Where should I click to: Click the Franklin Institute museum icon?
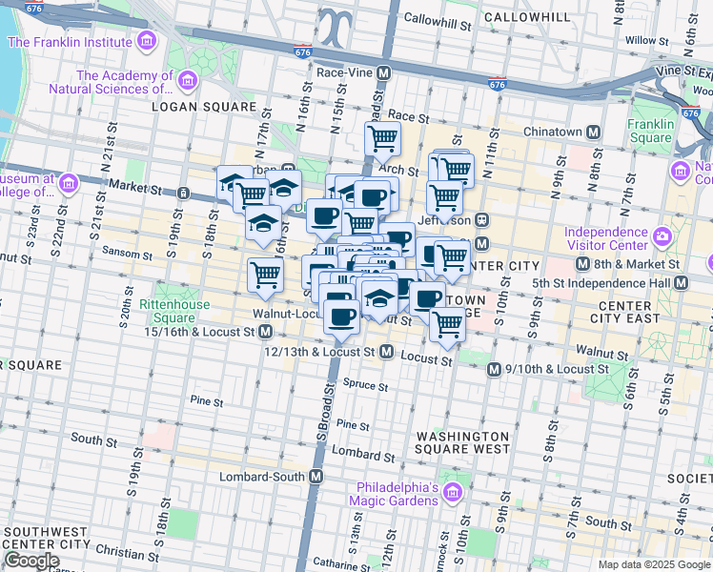click(x=146, y=43)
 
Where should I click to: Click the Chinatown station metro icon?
click(x=593, y=132)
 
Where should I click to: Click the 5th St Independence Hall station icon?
click(x=681, y=283)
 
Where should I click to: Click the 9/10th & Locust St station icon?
click(x=494, y=369)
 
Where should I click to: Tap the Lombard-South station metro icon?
click(x=316, y=476)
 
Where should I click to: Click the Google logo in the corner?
click(x=32, y=561)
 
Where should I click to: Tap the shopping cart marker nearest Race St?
click(x=382, y=138)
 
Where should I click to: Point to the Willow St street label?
click(x=641, y=40)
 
